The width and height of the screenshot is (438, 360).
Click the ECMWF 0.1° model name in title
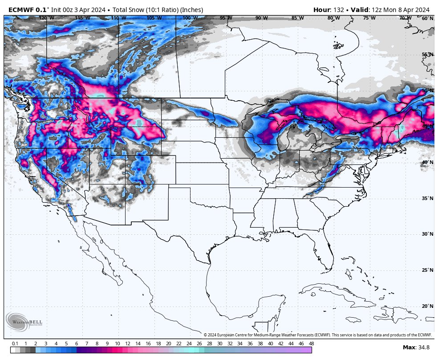click(x=28, y=10)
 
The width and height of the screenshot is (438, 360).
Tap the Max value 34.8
click(x=417, y=347)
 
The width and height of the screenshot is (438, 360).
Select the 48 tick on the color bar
click(x=311, y=344)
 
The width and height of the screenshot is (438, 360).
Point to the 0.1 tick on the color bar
click(x=15, y=344)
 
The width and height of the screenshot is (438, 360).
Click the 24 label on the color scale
click(x=189, y=344)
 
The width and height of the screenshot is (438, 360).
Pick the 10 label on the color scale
click(x=117, y=344)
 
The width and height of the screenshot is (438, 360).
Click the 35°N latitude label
click(x=427, y=198)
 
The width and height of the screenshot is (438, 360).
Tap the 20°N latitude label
click(x=427, y=306)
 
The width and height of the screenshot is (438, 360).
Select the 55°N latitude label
click(x=427, y=54)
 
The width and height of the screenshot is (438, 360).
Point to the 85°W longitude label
click(x=297, y=18)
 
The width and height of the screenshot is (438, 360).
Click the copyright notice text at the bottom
click(x=318, y=335)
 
